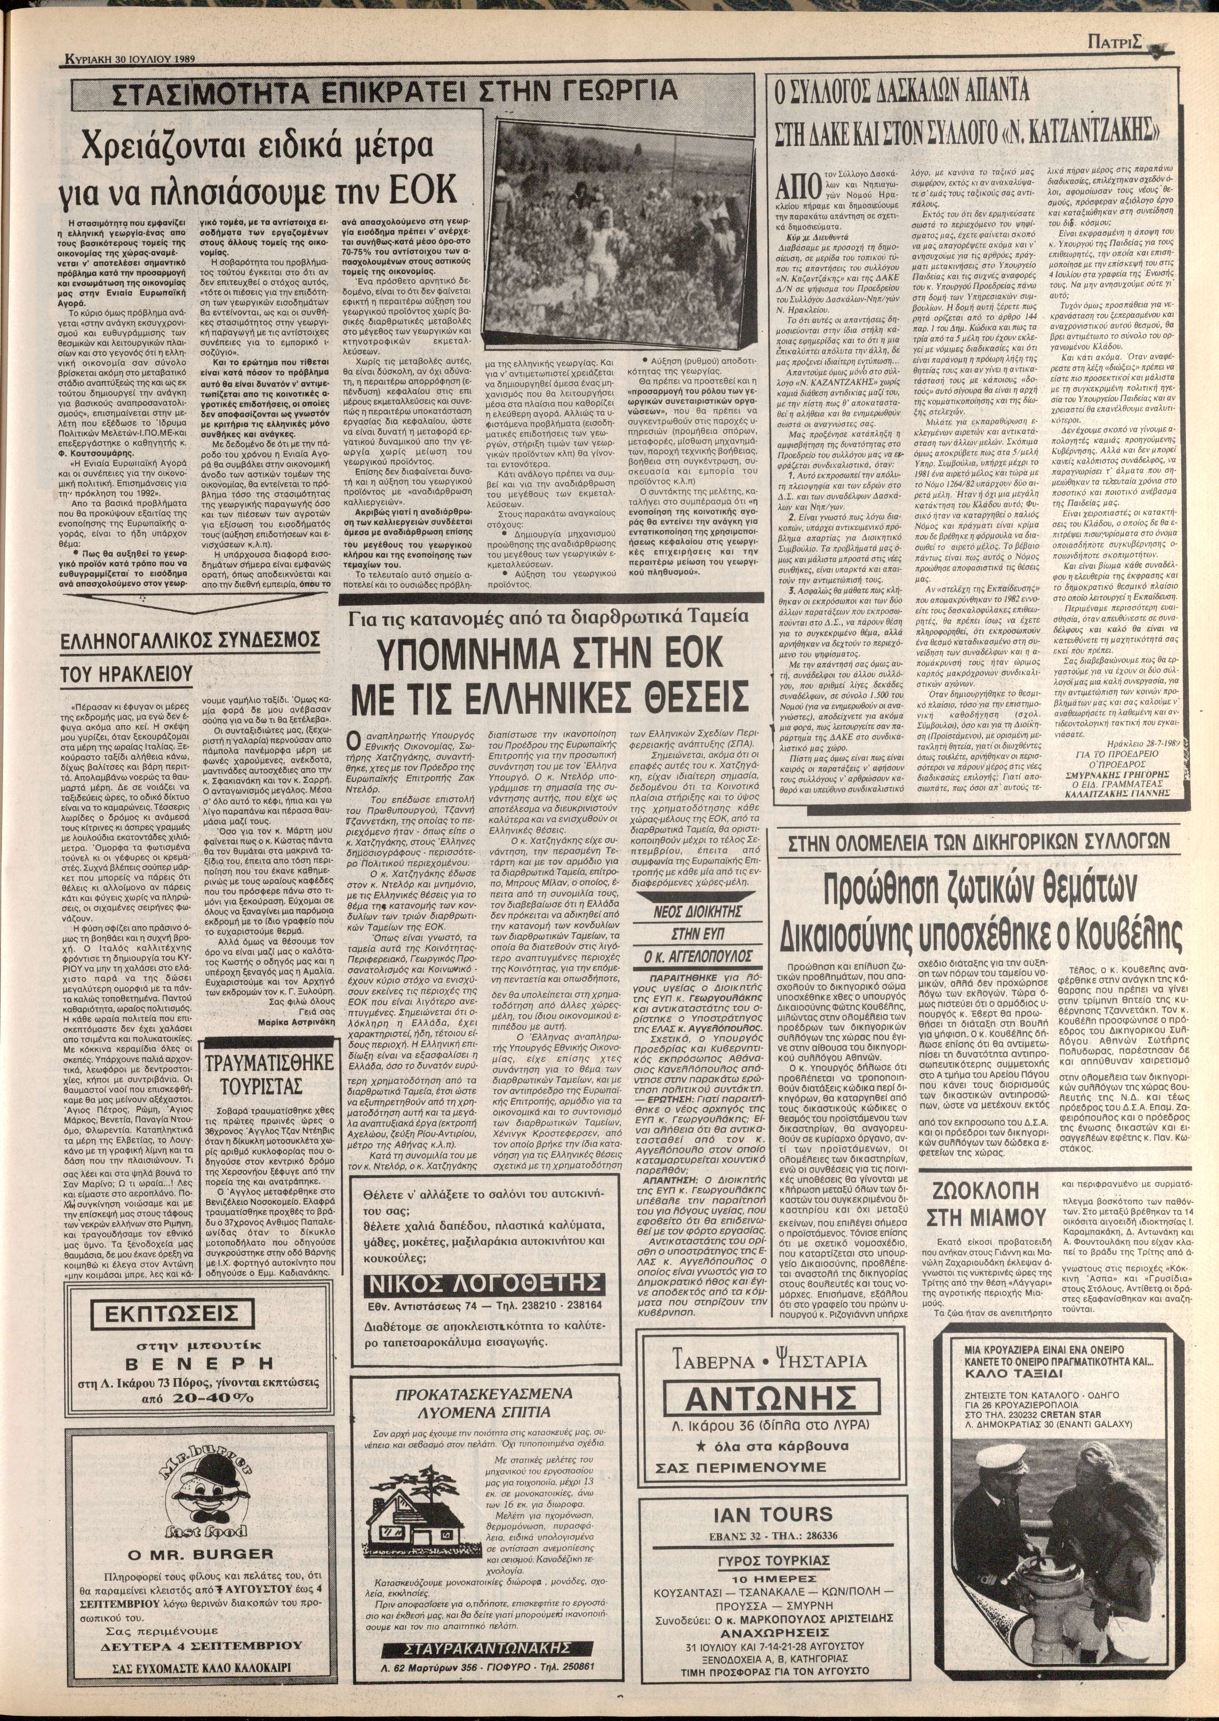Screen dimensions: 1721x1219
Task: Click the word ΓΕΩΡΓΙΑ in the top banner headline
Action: click(x=612, y=91)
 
